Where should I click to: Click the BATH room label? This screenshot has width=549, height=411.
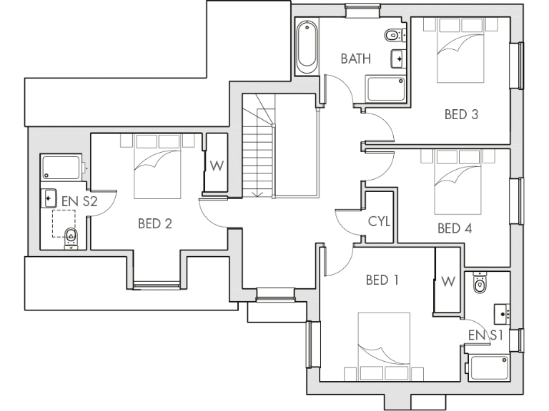[x=355, y=59]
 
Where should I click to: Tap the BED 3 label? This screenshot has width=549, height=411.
[x=460, y=114]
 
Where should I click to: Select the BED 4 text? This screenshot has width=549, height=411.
[x=455, y=228]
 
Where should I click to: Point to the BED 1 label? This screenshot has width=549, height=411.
[x=382, y=280]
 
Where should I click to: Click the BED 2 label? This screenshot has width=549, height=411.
[x=155, y=224]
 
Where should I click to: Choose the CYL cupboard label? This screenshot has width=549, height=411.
[x=379, y=222]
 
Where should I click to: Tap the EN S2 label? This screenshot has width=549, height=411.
[x=79, y=202]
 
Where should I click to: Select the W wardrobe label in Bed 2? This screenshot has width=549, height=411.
[x=217, y=166]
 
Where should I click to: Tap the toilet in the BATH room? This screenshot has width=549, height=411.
[x=392, y=35]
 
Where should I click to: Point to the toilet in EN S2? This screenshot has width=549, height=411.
[x=70, y=236]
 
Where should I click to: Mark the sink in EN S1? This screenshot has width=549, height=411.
[x=503, y=312]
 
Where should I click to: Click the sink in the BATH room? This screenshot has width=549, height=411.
[x=397, y=59]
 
